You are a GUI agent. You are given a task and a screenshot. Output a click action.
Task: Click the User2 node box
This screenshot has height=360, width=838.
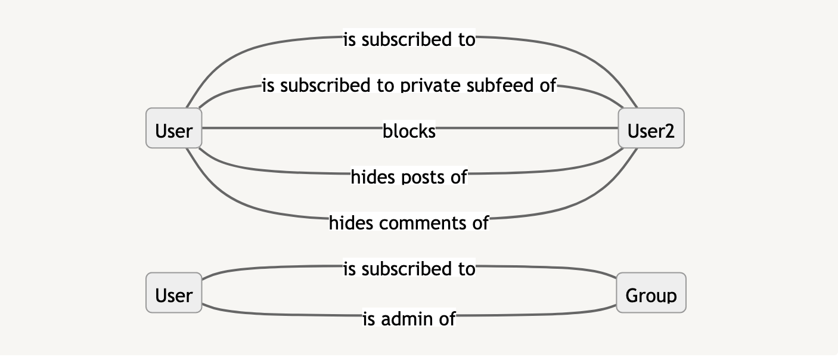tap(651, 128)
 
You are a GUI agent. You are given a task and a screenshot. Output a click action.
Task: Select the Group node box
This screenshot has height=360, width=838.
tap(651, 293)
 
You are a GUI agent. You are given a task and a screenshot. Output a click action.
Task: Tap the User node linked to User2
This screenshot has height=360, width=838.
tap(173, 128)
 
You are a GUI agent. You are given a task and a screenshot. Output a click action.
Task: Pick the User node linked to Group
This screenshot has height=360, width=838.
tap(173, 293)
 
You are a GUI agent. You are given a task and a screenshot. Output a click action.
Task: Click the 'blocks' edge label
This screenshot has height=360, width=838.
tap(409, 131)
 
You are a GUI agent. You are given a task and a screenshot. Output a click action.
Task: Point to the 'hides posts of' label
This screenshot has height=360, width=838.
tap(409, 176)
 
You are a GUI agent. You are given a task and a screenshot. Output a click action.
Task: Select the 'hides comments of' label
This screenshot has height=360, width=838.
tap(409, 223)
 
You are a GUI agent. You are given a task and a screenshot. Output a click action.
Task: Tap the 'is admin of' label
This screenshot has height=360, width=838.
tap(409, 319)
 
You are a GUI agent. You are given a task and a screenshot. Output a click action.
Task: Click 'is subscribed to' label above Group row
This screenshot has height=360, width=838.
tap(409, 269)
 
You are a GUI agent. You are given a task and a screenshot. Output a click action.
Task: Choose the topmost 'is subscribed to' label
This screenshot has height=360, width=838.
tap(409, 40)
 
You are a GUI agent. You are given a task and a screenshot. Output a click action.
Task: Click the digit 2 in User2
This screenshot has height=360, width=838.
tap(669, 131)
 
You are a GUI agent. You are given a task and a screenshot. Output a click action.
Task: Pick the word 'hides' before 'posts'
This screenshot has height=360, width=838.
tap(370, 176)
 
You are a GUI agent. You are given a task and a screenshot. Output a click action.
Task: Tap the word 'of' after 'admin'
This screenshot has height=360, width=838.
tap(446, 319)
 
